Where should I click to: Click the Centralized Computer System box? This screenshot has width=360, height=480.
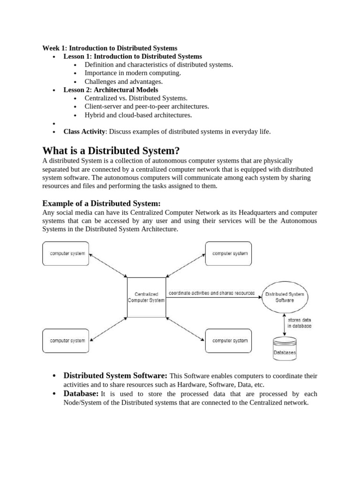click(x=146, y=297)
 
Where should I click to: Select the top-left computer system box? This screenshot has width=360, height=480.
click(x=67, y=254)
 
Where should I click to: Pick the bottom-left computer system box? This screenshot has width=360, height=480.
click(x=67, y=341)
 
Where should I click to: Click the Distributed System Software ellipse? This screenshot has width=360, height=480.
click(x=285, y=297)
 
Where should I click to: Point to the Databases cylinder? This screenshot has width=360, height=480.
click(x=285, y=349)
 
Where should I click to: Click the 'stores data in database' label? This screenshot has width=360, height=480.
click(x=300, y=322)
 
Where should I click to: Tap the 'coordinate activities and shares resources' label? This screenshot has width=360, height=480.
click(x=211, y=293)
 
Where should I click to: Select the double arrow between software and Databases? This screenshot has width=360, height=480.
click(x=284, y=323)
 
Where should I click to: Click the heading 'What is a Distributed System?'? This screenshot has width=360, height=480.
click(x=111, y=151)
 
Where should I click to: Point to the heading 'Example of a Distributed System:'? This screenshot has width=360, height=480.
click(x=101, y=203)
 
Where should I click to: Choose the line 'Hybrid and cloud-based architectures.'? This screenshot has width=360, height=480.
click(x=138, y=115)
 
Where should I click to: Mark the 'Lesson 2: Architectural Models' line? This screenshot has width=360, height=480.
click(x=111, y=90)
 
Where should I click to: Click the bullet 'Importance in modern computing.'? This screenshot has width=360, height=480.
click(x=133, y=73)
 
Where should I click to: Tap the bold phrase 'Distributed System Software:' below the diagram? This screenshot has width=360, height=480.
click(x=115, y=376)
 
